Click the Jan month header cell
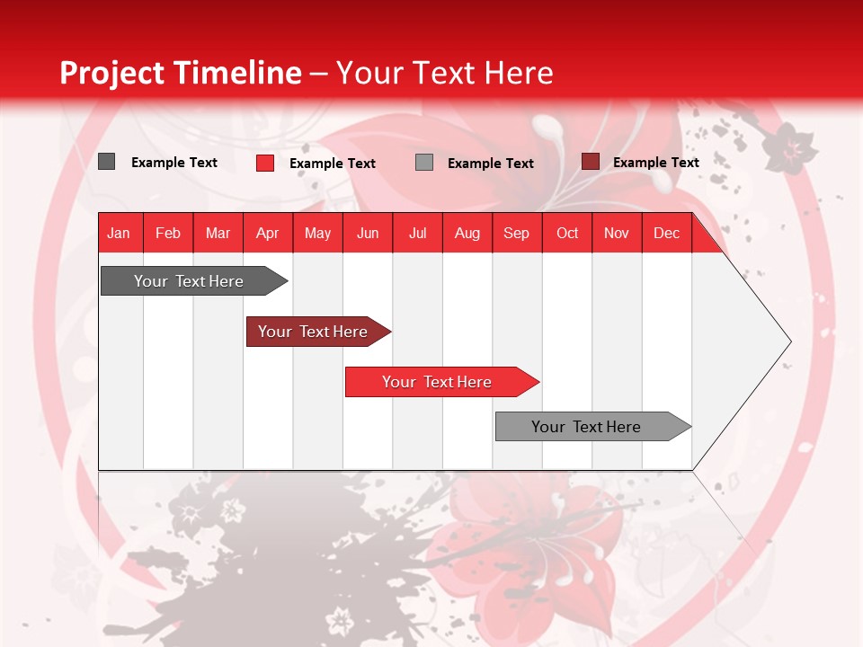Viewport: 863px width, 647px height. pyautogui.click(x=120, y=233)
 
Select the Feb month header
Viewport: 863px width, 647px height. pyautogui.click(x=168, y=233)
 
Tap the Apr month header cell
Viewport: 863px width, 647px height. pyautogui.click(x=268, y=233)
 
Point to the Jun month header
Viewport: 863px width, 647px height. pyautogui.click(x=368, y=233)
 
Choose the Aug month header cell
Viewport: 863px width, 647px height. pyautogui.click(x=467, y=233)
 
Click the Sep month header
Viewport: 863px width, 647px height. pyautogui.click(x=517, y=233)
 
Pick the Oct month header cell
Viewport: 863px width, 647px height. pyautogui.click(x=567, y=233)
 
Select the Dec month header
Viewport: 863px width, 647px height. pyautogui.click(x=667, y=233)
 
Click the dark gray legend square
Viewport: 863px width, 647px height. pyautogui.click(x=106, y=162)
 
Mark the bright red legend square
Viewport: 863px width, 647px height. pyautogui.click(x=265, y=163)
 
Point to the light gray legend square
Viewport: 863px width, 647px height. pyautogui.click(x=424, y=162)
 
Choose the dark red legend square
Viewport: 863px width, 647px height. pyautogui.click(x=590, y=162)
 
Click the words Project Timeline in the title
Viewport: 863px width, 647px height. pyautogui.click(x=181, y=73)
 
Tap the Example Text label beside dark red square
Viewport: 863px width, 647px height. pyautogui.click(x=655, y=162)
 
